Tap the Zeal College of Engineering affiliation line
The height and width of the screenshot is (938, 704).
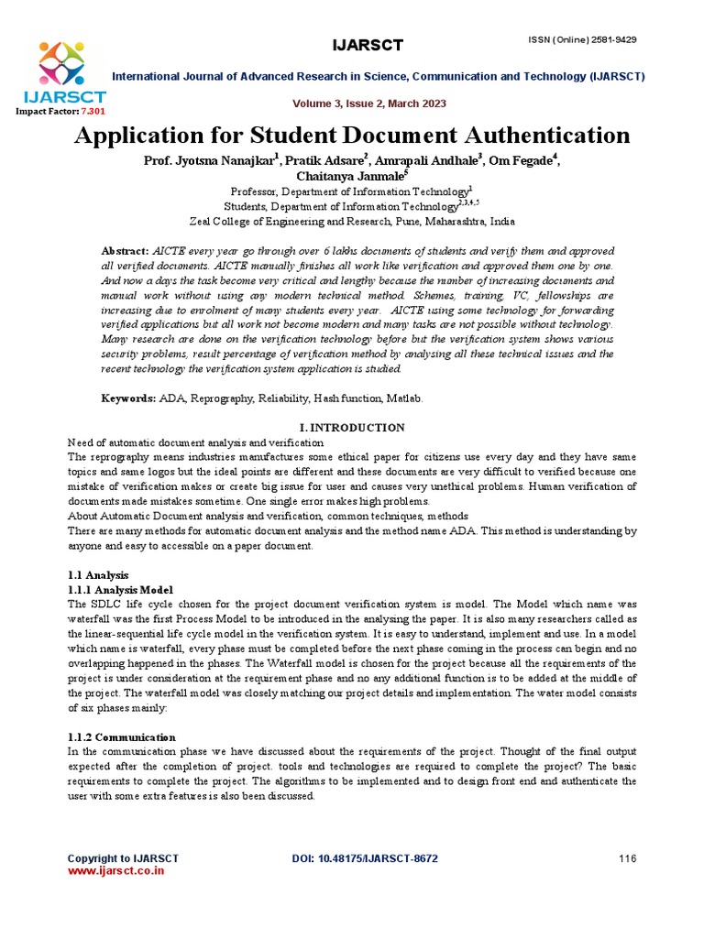(x=352, y=222)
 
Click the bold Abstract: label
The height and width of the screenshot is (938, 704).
(x=124, y=251)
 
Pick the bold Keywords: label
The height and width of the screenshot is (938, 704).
(x=127, y=399)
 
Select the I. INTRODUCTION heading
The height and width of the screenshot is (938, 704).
(x=352, y=428)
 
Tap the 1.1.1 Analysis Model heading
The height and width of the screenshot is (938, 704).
(x=120, y=590)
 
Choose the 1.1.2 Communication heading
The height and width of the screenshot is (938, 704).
(x=122, y=736)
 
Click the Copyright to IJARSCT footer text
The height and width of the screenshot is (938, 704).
(x=123, y=858)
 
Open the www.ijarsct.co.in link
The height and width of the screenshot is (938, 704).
(x=115, y=871)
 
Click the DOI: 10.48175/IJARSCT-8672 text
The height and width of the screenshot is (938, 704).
(x=364, y=858)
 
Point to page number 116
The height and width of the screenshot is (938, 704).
(x=627, y=858)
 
